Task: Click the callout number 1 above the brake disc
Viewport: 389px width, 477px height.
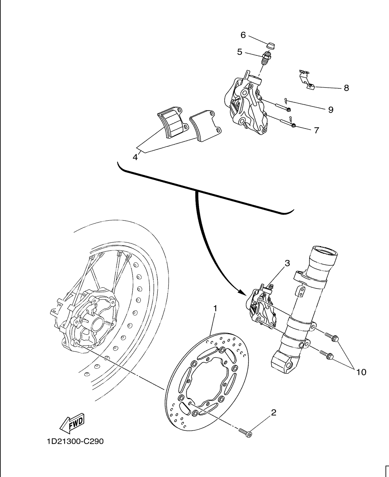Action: tap(215, 308)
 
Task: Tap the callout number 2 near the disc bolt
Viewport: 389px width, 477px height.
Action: tap(273, 412)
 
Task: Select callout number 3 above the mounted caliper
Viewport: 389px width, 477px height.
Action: tap(288, 263)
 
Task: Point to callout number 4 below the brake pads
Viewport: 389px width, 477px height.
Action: tap(135, 157)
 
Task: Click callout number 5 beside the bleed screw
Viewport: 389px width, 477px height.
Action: tap(240, 52)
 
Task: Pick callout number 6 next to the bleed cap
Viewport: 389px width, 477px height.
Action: tap(243, 35)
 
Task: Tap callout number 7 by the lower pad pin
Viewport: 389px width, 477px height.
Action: tap(316, 130)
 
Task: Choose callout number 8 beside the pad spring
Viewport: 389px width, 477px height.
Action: tap(347, 88)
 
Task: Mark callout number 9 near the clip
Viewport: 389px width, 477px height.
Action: tap(331, 110)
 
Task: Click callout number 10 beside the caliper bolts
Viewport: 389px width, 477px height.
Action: tap(361, 372)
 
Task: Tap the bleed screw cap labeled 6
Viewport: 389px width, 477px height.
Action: tap(270, 45)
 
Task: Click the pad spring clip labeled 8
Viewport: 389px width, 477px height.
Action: tap(307, 79)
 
